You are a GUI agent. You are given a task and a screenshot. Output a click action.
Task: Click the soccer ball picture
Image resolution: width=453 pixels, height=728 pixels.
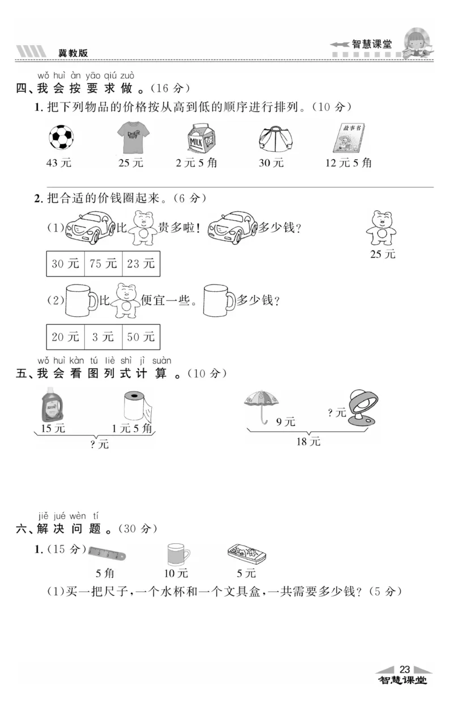62,137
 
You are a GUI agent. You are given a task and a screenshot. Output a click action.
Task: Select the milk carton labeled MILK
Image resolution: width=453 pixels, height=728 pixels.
196,138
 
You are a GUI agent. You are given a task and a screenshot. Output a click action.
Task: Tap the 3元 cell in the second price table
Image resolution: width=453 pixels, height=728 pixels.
103,337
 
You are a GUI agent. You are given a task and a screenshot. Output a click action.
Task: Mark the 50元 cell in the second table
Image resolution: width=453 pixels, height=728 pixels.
141,337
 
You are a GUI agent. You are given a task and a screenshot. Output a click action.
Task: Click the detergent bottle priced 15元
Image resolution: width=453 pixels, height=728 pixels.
52,405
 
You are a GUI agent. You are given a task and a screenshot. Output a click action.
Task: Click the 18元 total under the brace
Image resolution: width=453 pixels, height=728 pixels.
308,441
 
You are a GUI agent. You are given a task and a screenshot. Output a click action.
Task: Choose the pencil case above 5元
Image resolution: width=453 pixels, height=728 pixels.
247,553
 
